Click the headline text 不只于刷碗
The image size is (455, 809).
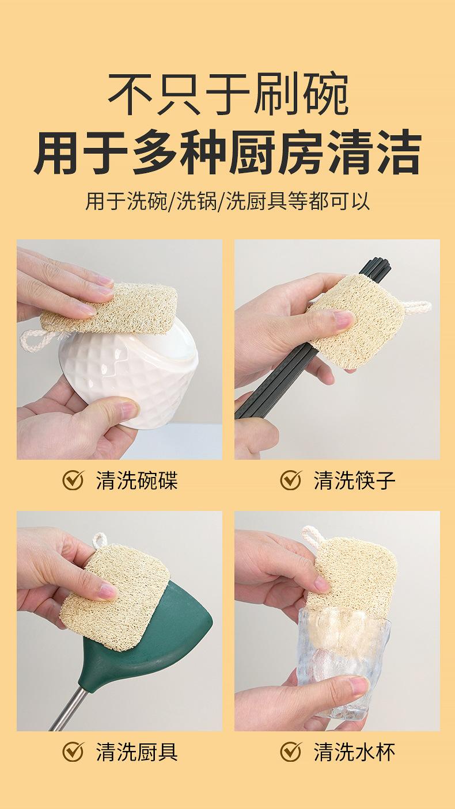click(228, 94)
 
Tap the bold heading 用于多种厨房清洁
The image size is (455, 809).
click(227, 153)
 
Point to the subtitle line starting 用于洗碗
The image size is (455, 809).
click(227, 201)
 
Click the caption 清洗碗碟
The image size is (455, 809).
click(137, 480)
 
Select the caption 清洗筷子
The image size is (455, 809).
click(355, 480)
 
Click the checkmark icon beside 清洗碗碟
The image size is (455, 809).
click(73, 480)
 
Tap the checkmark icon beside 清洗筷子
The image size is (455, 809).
click(290, 480)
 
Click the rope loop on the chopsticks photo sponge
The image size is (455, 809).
click(418, 310)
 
